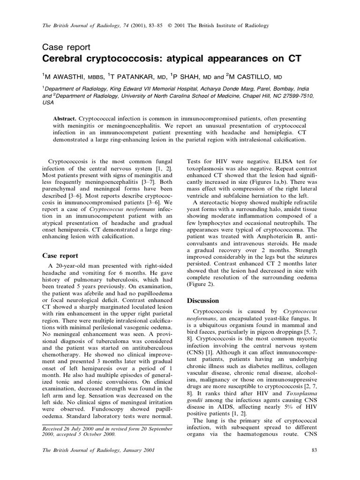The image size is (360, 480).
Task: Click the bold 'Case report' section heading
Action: pos(60,255)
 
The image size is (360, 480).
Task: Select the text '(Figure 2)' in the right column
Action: pos(203,284)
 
